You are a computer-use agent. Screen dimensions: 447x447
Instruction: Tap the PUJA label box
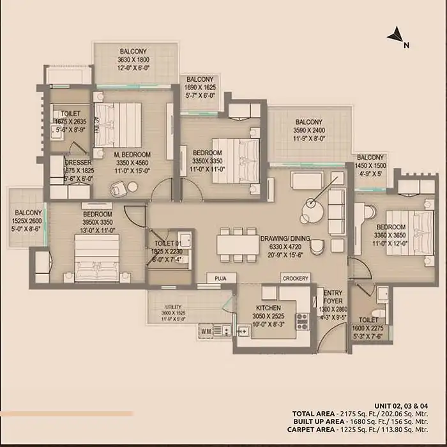[x=221, y=278]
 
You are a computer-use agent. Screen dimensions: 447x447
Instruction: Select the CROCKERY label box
[x=296, y=278]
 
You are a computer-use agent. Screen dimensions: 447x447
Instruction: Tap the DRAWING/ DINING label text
[x=284, y=239]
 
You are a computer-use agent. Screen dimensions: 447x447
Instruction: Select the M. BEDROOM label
[x=132, y=155]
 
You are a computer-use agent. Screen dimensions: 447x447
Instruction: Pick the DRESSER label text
[x=79, y=163]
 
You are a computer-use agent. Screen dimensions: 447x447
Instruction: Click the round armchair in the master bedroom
[x=117, y=189]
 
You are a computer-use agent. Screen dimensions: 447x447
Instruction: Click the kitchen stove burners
[x=303, y=320]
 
